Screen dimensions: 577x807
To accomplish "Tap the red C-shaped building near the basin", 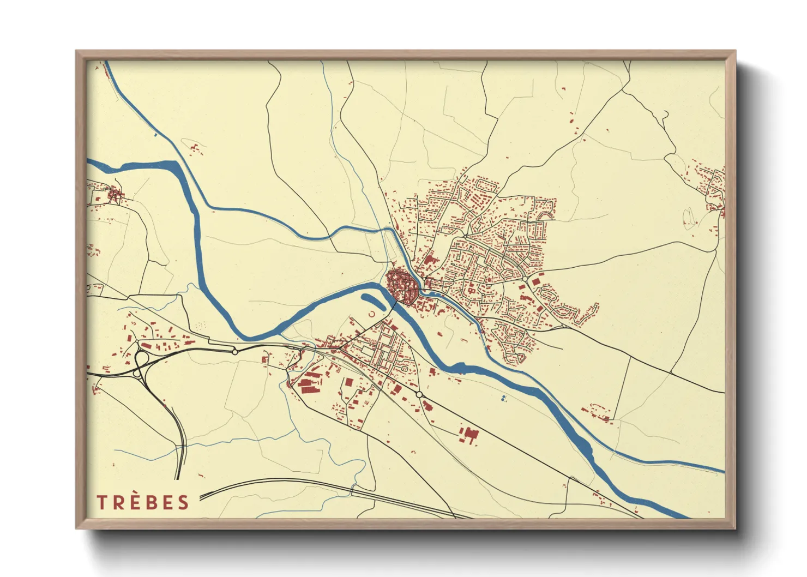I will (372, 314).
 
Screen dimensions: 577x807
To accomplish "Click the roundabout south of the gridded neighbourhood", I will (419, 394).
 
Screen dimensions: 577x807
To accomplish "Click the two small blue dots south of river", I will (503, 399).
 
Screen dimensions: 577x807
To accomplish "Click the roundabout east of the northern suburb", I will (525, 279).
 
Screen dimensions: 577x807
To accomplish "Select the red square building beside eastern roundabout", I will (535, 281).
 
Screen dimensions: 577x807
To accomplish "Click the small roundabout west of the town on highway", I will (235, 352).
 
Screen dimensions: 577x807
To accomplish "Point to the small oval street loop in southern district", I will (405, 369).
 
